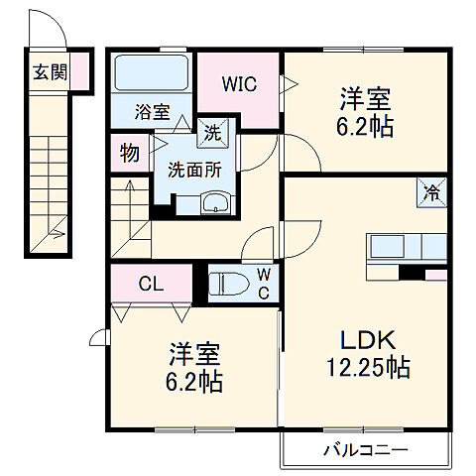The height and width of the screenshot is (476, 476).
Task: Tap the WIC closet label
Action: (240, 84)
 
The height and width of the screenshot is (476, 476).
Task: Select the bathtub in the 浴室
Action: (152, 73)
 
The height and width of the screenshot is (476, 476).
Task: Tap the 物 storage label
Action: (129, 154)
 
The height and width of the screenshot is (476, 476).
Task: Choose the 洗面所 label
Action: (194, 168)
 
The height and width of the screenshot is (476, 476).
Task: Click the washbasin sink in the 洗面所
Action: (214, 204)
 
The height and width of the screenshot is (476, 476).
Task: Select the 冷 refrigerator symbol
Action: (433, 190)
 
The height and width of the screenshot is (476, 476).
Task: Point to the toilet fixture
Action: (229, 284)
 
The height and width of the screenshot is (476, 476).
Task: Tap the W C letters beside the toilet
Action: (263, 282)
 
